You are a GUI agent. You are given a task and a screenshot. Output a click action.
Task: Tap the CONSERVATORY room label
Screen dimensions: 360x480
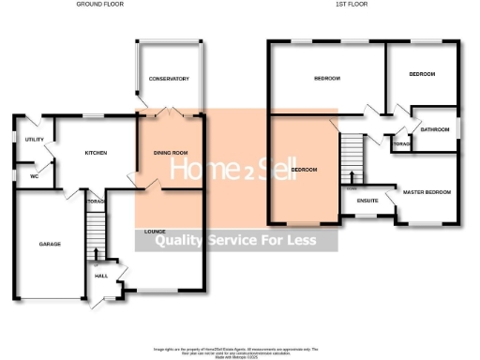[169, 79]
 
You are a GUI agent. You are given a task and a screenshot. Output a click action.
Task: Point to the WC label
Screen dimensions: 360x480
[33, 175]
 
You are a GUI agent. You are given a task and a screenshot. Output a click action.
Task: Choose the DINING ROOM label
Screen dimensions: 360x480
[171, 152]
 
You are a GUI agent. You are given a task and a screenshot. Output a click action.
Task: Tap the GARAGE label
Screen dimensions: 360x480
[49, 244]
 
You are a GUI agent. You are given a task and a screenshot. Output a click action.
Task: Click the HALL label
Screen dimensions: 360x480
[100, 276]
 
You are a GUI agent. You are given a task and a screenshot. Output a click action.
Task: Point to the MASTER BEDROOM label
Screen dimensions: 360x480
[427, 192]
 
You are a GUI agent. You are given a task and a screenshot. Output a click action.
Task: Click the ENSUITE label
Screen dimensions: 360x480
[368, 200]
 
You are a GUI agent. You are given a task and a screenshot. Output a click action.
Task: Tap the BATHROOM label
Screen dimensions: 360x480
[436, 129]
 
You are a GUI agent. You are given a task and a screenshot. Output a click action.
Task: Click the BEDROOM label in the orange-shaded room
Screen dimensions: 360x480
[304, 170]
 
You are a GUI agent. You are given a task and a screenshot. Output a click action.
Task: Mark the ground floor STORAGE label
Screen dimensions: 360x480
[94, 201]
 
